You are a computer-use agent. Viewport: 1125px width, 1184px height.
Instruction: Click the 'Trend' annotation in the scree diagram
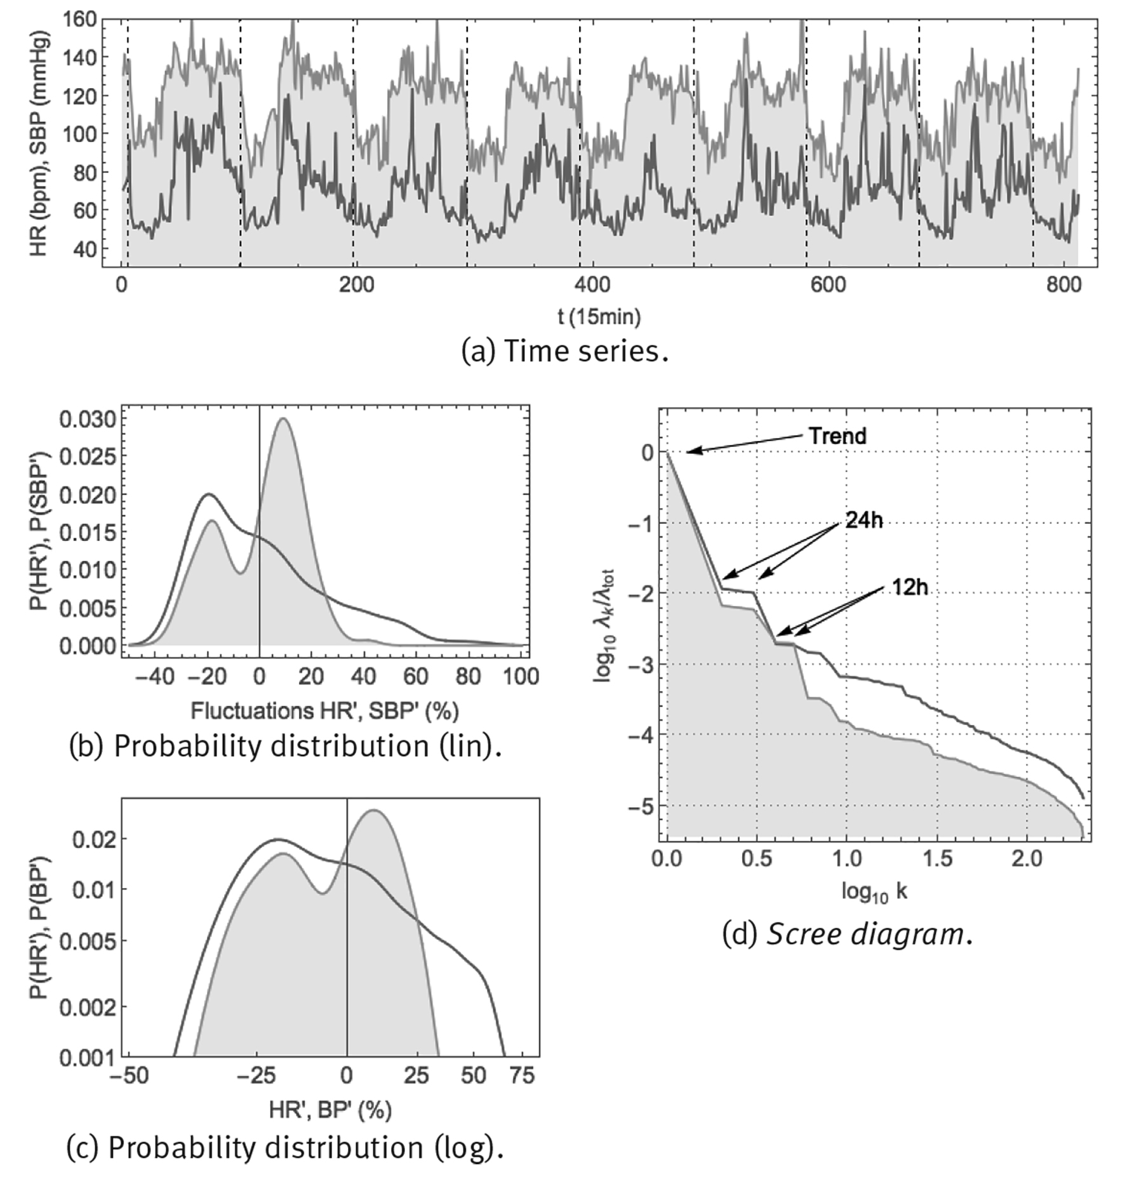tap(837, 436)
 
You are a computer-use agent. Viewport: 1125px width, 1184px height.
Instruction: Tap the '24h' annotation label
tap(864, 521)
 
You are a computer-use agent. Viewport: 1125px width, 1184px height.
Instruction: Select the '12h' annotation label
tap(910, 588)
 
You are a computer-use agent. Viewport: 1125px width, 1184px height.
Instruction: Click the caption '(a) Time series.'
tap(564, 352)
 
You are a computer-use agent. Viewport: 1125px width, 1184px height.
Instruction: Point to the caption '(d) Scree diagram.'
tap(847, 934)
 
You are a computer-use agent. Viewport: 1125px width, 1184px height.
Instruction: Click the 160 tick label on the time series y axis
tap(80, 20)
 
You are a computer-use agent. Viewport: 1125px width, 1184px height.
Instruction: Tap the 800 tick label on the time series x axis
tap(1063, 286)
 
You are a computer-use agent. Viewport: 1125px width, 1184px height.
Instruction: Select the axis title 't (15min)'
tap(599, 316)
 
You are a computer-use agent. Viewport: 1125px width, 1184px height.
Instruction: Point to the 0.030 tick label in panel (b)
tap(88, 420)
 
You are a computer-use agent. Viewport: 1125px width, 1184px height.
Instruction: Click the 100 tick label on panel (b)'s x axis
tap(521, 677)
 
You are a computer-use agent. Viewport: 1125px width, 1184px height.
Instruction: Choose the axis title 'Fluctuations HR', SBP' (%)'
tap(324, 711)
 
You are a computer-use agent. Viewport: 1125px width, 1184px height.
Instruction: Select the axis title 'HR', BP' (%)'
tap(330, 1110)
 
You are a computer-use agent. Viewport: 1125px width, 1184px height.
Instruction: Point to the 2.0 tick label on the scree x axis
tap(1026, 859)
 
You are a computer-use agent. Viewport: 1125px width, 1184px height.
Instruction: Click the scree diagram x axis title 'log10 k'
tap(874, 893)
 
